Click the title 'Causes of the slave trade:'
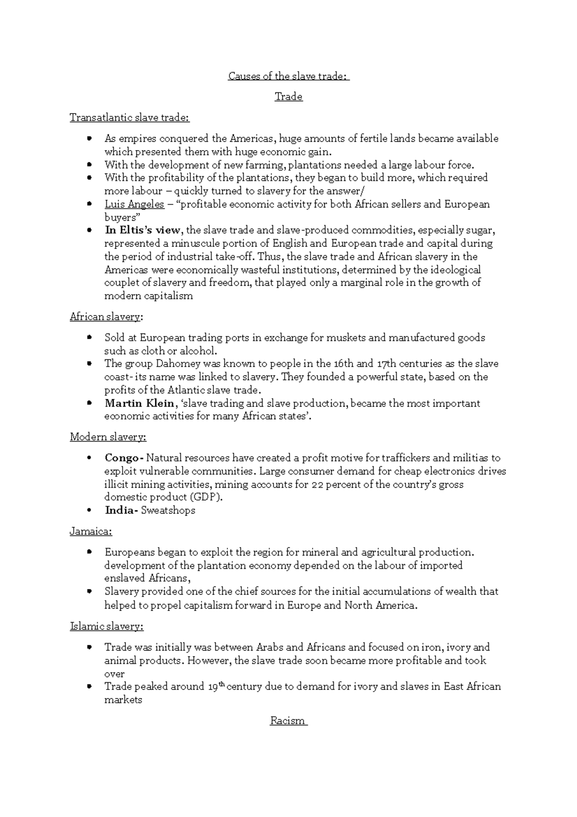click(288, 76)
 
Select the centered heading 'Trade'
click(288, 97)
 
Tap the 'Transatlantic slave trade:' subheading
click(130, 117)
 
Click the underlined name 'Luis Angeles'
click(135, 204)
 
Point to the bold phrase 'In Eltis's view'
click(142, 230)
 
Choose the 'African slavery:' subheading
click(106, 317)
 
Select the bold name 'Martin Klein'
click(139, 403)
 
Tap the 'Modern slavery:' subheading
click(108, 437)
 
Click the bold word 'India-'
click(121, 510)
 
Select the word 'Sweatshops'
click(168, 510)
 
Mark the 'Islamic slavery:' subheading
click(107, 626)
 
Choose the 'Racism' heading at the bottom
click(288, 720)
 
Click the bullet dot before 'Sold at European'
click(89, 337)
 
